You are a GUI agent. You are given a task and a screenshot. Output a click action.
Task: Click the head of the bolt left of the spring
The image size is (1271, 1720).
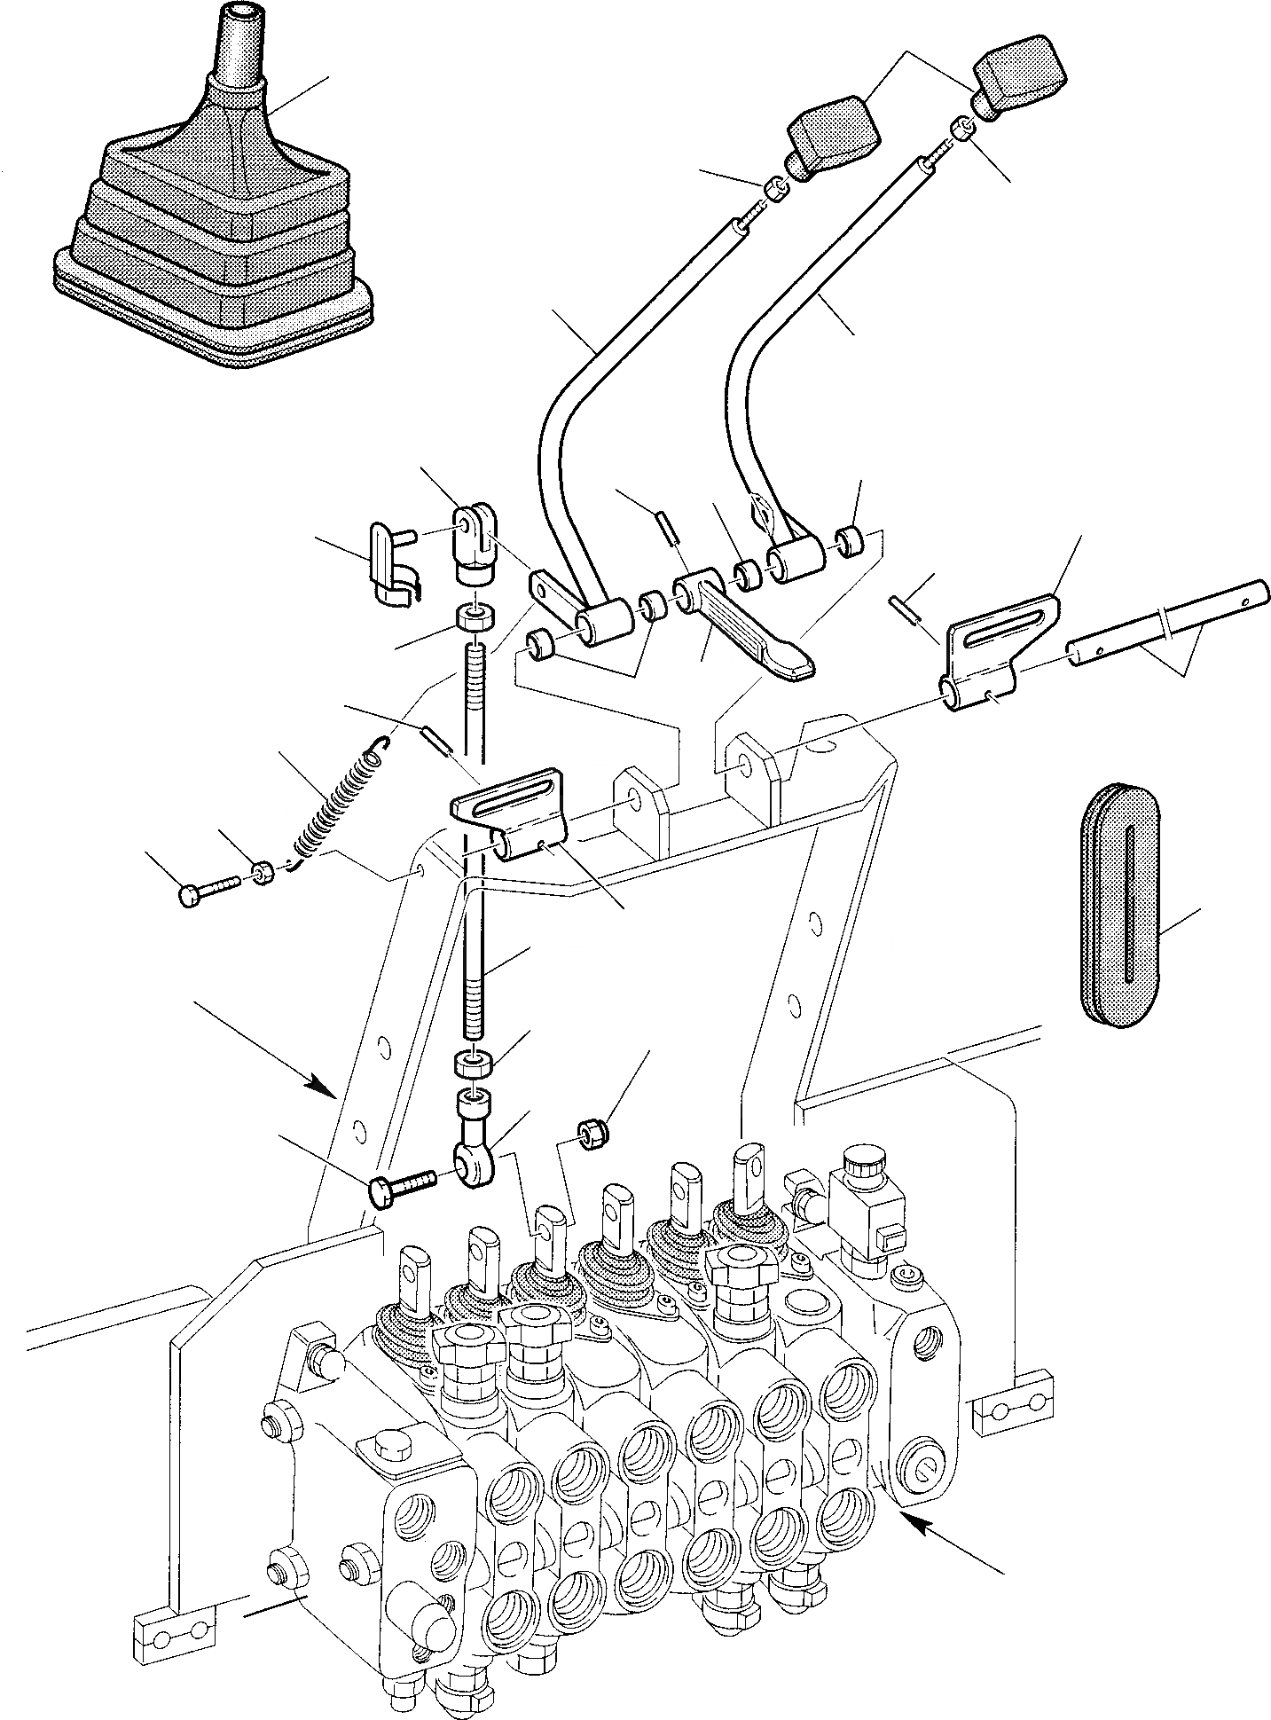pyautogui.click(x=190, y=896)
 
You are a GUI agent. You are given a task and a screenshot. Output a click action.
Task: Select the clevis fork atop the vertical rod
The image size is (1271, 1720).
pyautogui.click(x=475, y=541)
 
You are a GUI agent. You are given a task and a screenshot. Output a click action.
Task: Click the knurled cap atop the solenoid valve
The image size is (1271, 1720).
pyautogui.click(x=863, y=1158)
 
